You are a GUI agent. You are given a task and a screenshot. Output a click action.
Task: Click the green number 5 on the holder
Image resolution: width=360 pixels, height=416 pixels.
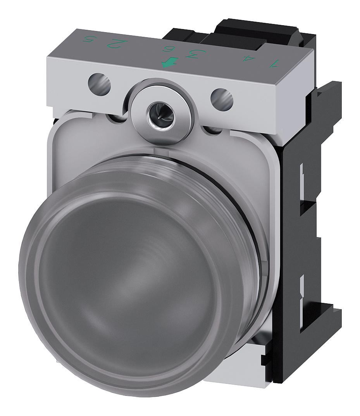(90, 40)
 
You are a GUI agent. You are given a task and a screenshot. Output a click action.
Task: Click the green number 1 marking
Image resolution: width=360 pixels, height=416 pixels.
(274, 62)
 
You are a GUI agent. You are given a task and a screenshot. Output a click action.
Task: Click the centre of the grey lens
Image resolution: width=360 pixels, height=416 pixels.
(128, 279)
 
